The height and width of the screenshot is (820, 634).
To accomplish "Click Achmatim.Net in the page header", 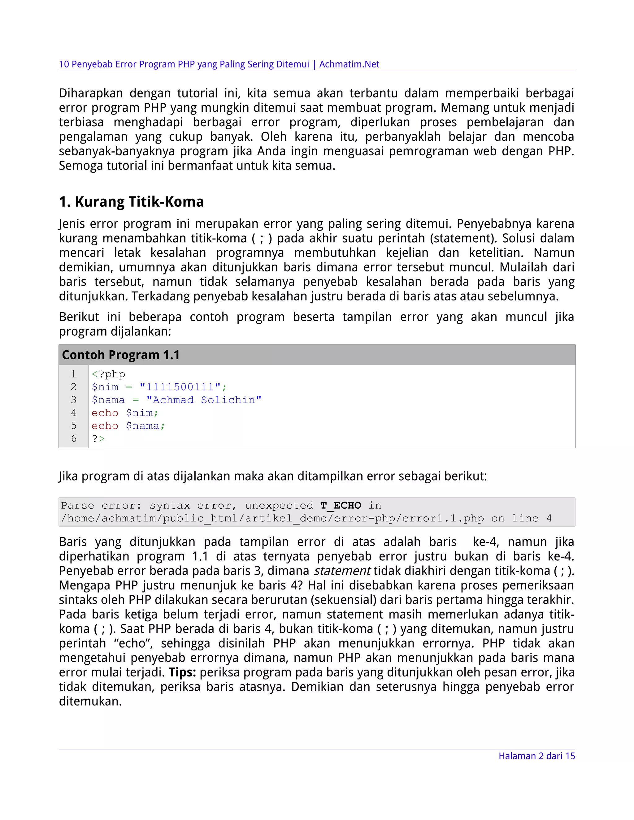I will coord(349,64).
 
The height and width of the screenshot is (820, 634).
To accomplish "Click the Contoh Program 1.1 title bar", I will coord(316,355).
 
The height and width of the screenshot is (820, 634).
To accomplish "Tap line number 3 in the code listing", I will coord(74,400).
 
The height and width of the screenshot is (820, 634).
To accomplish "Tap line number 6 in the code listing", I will coord(74,438).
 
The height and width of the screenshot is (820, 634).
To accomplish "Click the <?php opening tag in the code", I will coord(108,374).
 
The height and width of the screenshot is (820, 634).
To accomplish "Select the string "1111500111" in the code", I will coord(180,387).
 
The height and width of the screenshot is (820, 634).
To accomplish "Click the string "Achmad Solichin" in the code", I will coord(204,400).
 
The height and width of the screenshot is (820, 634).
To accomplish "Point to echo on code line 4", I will coord(105,413).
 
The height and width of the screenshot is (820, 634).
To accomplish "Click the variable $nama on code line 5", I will coord(143,426).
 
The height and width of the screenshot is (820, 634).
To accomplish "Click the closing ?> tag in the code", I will coord(98,438).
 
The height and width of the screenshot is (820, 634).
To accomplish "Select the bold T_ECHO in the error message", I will coord(340,505).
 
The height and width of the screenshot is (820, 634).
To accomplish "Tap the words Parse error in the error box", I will coord(101,505).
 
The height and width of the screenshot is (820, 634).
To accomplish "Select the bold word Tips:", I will coord(182,672).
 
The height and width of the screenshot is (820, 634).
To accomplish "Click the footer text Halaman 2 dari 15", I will coord(536,756).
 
